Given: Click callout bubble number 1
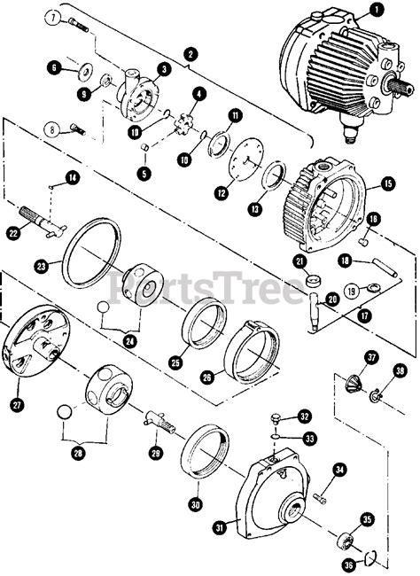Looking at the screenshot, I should (x=377, y=11).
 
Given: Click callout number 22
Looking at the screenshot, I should (x=13, y=233).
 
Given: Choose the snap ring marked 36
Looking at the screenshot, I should (x=375, y=556).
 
